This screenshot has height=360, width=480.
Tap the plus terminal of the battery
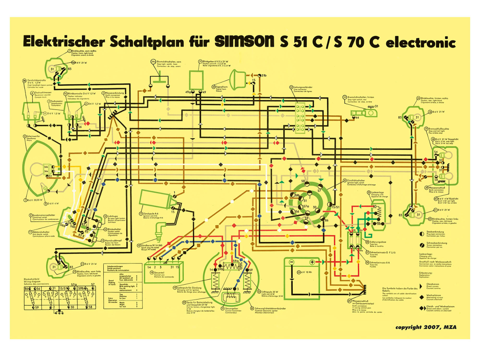312,262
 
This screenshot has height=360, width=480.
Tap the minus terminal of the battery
291,262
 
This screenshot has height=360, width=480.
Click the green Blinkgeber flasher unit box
196,78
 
